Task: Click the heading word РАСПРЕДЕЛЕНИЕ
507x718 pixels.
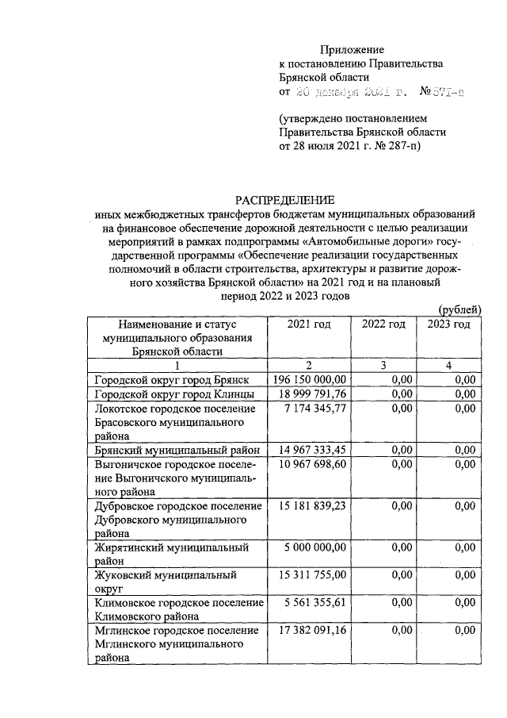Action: pos(284,199)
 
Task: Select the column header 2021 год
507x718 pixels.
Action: pos(310,324)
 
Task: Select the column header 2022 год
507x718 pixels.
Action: pos(383,324)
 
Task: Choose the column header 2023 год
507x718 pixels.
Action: pos(448,324)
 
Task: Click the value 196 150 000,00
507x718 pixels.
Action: pos(310,380)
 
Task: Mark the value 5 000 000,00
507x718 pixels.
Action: pos(314,547)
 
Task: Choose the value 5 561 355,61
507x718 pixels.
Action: pos(314,602)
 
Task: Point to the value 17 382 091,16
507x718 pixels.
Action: pos(311,630)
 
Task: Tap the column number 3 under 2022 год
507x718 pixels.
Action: pos(383,366)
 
